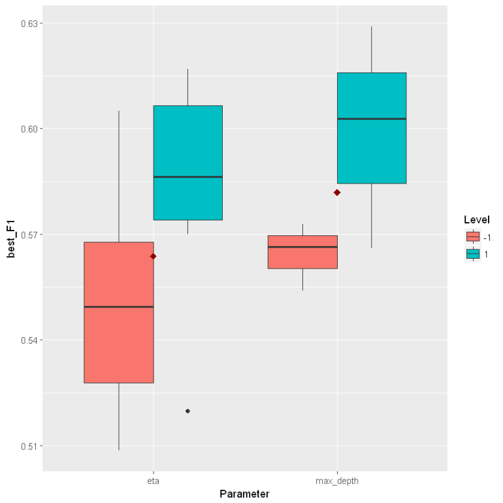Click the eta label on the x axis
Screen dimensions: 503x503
coord(154,481)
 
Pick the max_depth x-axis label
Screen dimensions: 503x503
coord(337,481)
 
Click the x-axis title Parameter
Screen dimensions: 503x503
coord(245,494)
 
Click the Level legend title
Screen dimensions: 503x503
coord(477,219)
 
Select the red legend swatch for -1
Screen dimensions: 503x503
coord(473,236)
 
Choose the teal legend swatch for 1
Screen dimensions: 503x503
coord(473,253)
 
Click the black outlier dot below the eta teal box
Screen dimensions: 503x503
coord(188,411)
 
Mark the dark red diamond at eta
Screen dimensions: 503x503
coord(154,256)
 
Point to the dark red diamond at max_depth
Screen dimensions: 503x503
coord(337,192)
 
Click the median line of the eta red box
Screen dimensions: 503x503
coord(119,306)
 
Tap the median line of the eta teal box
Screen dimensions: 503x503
coord(188,176)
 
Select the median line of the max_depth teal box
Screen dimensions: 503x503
coord(372,119)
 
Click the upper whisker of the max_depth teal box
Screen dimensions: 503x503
coord(372,49)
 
